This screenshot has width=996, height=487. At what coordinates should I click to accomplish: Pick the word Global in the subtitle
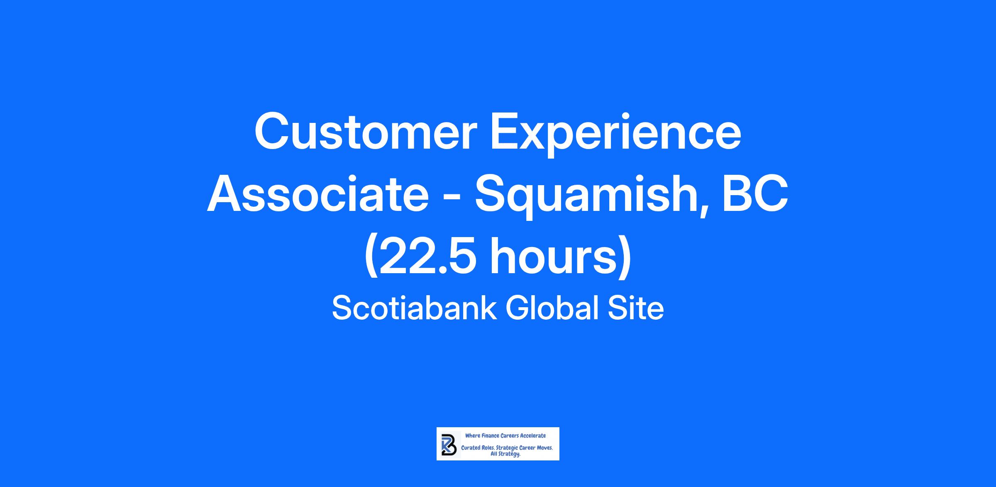[x=552, y=308]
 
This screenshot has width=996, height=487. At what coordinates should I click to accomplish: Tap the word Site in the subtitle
[x=636, y=308]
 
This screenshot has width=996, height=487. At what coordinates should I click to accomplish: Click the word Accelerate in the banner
[x=533, y=436]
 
